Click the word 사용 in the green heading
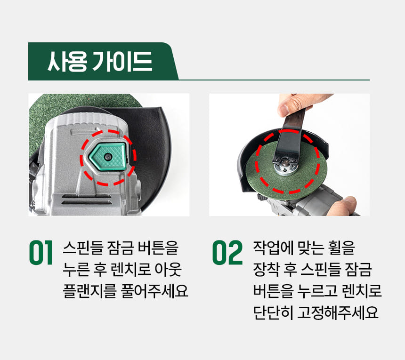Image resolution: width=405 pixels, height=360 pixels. tap(67, 61)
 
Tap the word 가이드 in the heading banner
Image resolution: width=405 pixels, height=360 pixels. tap(122, 61)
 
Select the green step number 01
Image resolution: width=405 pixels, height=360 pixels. tap(41, 252)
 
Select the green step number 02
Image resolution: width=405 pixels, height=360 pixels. tap(227, 252)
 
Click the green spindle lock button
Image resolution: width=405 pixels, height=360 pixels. tap(108, 156)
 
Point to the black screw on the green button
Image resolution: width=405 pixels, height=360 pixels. tap(107, 156)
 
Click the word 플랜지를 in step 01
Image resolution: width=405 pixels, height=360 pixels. tap(89, 291)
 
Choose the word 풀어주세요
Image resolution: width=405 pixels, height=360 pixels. tap(154, 291)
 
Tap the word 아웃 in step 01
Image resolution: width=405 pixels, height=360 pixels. tap(168, 270)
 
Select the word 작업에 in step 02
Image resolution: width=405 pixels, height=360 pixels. tap(272, 248)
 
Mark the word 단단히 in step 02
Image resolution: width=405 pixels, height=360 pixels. tap(273, 313)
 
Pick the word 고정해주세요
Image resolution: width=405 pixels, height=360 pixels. tap(338, 313)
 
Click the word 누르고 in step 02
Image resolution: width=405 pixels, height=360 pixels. tap(317, 291)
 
